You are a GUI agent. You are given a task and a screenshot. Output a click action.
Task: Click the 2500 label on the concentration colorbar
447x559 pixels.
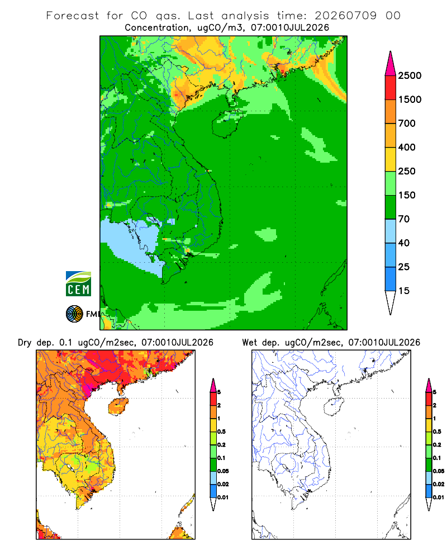click(410, 75)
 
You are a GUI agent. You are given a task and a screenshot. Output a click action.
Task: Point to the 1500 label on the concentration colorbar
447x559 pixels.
click(410, 100)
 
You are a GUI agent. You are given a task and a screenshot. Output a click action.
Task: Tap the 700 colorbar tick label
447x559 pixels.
click(407, 124)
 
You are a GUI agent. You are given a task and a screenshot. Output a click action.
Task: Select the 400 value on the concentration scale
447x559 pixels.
click(407, 147)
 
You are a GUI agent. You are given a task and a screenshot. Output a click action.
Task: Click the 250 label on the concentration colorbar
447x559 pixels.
click(407, 171)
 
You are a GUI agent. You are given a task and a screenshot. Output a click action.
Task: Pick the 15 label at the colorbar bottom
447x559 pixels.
click(404, 291)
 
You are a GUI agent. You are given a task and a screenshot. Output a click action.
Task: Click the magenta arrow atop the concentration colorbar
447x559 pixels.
click(391, 64)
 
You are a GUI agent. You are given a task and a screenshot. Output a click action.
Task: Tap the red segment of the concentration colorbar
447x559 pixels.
click(391, 88)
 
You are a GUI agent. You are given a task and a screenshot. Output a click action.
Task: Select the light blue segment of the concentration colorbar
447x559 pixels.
click(391, 231)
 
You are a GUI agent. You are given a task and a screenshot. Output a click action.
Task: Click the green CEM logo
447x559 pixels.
click(78, 284)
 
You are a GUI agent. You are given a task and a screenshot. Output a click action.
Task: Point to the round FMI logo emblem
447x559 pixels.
click(74, 314)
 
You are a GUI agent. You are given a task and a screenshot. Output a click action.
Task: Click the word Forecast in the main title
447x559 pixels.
click(73, 16)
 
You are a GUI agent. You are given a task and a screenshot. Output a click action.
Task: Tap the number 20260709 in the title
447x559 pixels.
click(345, 16)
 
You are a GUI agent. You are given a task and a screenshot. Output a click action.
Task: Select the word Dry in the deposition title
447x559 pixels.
click(25, 343)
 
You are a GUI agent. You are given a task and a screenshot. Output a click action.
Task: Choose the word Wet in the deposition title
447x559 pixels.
click(249, 343)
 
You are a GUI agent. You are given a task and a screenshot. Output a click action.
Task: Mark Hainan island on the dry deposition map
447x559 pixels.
click(118, 406)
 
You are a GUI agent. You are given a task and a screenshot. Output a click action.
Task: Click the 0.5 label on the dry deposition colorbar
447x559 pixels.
click(221, 432)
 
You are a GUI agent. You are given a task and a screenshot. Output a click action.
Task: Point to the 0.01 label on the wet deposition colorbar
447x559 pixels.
click(439, 498)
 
